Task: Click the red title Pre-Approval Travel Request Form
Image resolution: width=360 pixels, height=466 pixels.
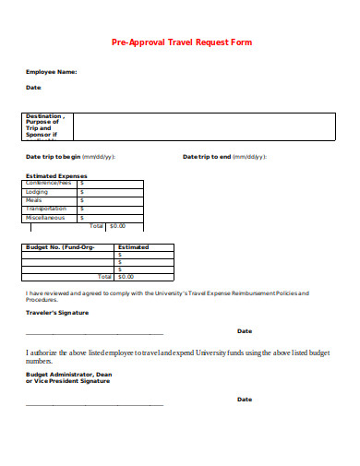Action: coord(181,42)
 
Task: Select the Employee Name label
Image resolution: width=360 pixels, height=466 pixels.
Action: coord(51,71)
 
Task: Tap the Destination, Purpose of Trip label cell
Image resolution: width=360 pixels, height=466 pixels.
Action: coord(47,125)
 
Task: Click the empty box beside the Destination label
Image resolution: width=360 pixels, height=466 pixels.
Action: coord(203,125)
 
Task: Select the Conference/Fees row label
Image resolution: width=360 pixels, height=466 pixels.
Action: coord(50,183)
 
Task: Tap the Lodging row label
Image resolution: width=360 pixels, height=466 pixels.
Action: coord(37,192)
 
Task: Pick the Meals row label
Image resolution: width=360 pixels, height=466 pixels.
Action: coord(34,200)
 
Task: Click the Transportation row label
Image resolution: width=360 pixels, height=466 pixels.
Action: coord(47,209)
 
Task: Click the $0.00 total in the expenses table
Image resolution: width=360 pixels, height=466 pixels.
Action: coord(117,226)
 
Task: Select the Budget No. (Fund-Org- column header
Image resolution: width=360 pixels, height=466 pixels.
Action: coord(59,247)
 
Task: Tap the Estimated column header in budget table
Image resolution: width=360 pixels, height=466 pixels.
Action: coord(134,247)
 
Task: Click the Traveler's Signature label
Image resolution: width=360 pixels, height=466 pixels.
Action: coord(57,313)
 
